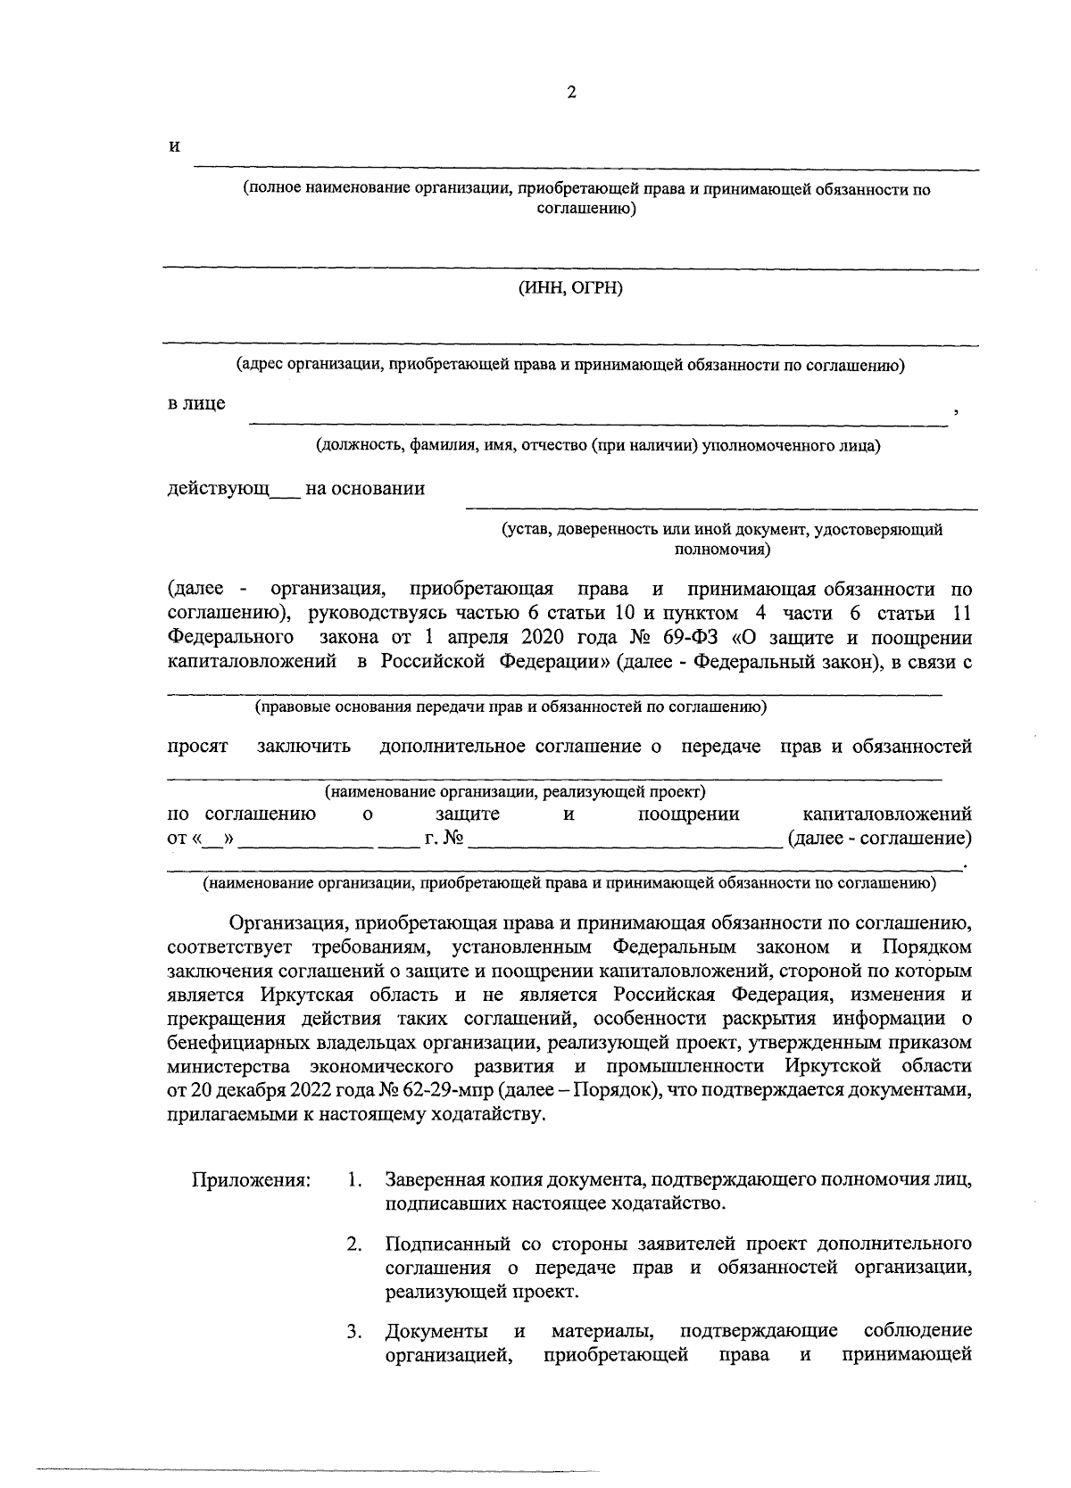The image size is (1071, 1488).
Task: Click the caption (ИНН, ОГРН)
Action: pos(570,288)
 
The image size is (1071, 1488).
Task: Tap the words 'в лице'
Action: pos(197,403)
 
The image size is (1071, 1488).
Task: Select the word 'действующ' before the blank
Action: pos(219,489)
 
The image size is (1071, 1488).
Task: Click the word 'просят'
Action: pos(198,747)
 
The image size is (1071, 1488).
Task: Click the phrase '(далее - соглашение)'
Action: pos(879,839)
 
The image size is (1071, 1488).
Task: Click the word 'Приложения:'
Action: pos(252,1180)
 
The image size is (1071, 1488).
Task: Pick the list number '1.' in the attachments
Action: pos(354,1180)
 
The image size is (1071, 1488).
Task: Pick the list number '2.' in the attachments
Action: pos(354,1244)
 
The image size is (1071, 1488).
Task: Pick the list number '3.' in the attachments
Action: pos(354,1333)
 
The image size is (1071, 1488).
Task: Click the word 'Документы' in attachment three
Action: pos(436,1333)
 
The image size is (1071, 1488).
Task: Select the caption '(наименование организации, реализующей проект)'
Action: pos(515,791)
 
